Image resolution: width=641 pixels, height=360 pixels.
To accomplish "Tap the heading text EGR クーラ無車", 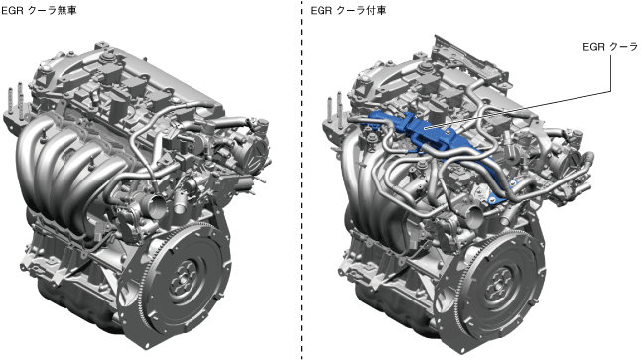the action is (39, 10).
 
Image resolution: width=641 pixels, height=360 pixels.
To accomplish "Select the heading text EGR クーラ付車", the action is (348, 10).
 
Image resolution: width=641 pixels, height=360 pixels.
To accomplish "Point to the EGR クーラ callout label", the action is (610, 47).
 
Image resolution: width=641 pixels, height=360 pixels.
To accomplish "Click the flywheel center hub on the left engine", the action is (183, 279).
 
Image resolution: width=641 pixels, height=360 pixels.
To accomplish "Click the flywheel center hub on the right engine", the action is (498, 283).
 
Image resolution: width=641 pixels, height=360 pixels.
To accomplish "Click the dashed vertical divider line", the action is (302, 180).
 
